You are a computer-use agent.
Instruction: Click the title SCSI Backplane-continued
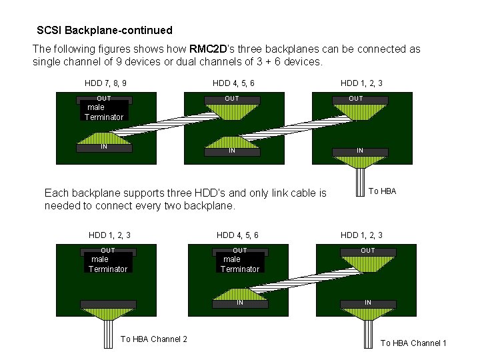tap(105, 30)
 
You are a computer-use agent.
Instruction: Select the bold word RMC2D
tap(209, 49)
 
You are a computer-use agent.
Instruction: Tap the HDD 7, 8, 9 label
tap(105, 83)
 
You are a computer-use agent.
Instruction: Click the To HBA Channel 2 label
tap(153, 339)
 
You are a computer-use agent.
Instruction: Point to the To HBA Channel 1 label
tap(413, 343)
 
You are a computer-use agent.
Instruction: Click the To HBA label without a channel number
tap(382, 191)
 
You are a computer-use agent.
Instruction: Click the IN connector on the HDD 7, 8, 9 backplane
tap(104, 147)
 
